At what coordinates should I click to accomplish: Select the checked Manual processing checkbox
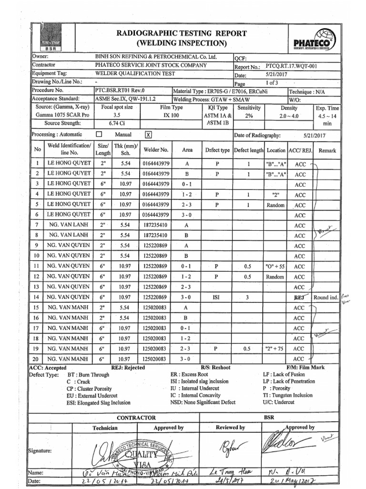[x=148, y=135]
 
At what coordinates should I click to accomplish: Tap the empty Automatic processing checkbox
[x=100, y=135]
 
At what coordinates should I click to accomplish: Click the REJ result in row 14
[x=299, y=297]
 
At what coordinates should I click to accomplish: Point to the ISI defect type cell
[x=216, y=297]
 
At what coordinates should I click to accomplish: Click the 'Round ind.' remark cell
[x=325, y=297]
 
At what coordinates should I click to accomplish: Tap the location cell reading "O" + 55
[x=275, y=266]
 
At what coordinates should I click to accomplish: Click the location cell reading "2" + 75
[x=275, y=349]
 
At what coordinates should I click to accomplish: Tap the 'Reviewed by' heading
[x=230, y=428]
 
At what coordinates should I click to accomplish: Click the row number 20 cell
[x=37, y=359]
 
